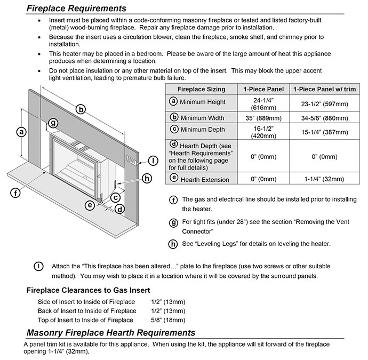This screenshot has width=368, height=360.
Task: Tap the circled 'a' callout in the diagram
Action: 21,131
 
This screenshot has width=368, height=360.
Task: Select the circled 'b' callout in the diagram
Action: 81,109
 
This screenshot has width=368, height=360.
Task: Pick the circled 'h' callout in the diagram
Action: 147,179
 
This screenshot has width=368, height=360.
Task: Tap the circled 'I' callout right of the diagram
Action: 154,160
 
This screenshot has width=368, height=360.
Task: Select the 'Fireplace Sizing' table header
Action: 201,89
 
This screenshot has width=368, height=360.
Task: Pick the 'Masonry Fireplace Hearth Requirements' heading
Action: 110,333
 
